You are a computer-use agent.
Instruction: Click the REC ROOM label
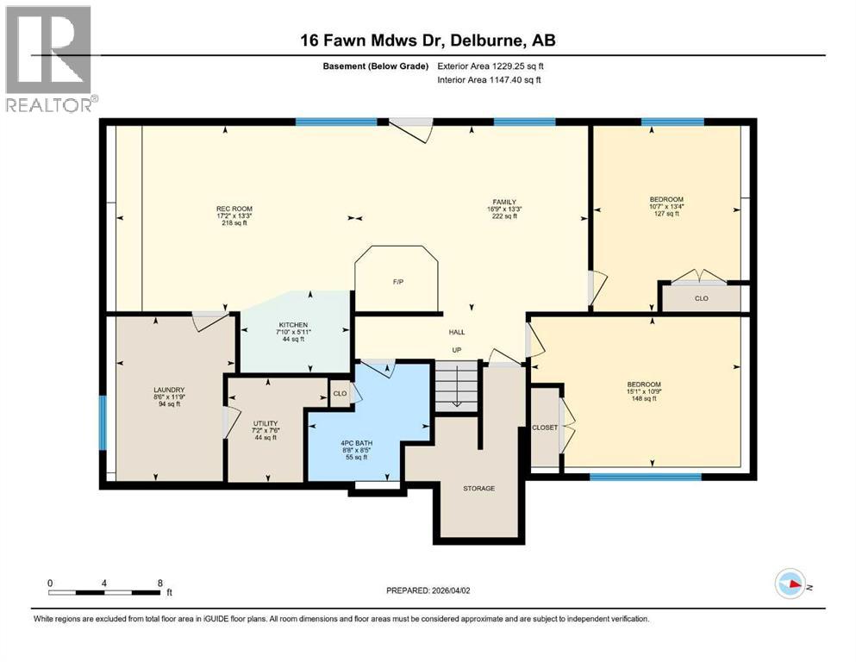(234, 208)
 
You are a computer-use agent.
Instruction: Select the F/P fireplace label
(397, 282)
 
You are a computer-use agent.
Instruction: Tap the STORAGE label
(478, 489)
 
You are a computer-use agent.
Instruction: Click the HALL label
(457, 331)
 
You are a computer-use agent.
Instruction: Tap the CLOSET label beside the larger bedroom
(544, 428)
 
